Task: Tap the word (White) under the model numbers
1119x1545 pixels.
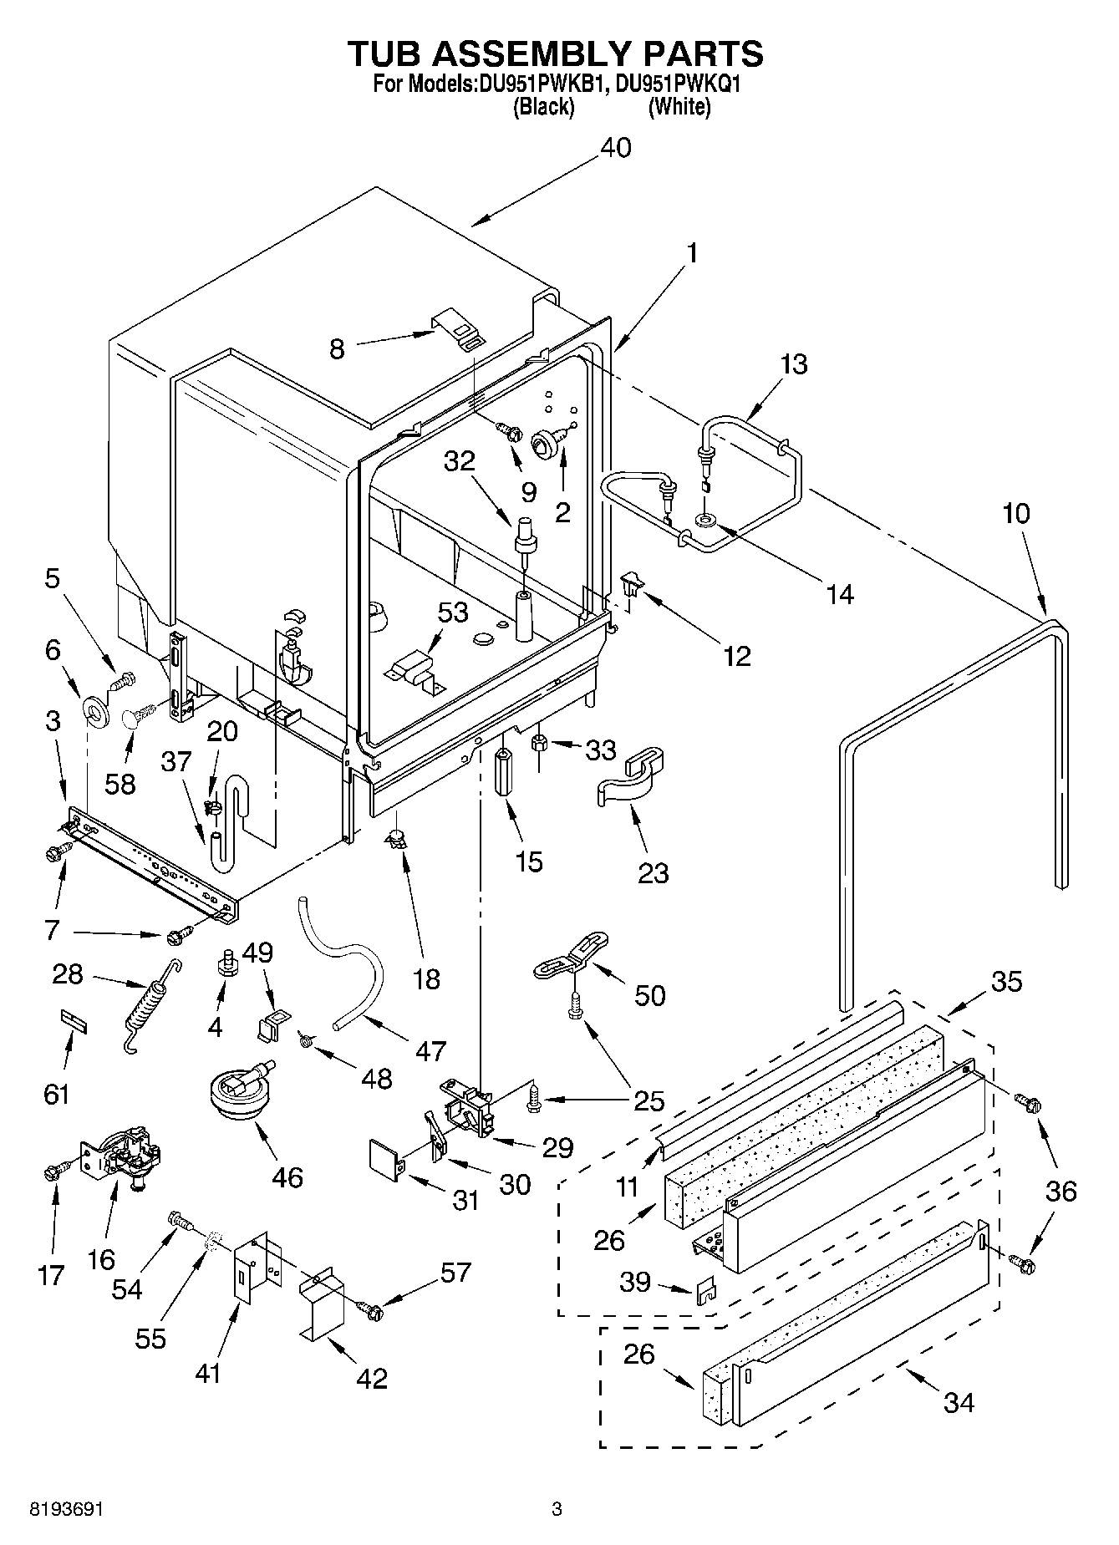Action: click(x=679, y=107)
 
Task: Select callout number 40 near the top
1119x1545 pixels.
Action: click(x=615, y=148)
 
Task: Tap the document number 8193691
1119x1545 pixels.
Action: click(x=66, y=1509)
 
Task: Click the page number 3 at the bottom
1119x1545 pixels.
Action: click(x=557, y=1509)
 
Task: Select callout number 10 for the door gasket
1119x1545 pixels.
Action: click(x=1016, y=513)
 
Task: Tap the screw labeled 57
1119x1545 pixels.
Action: click(x=370, y=1310)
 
